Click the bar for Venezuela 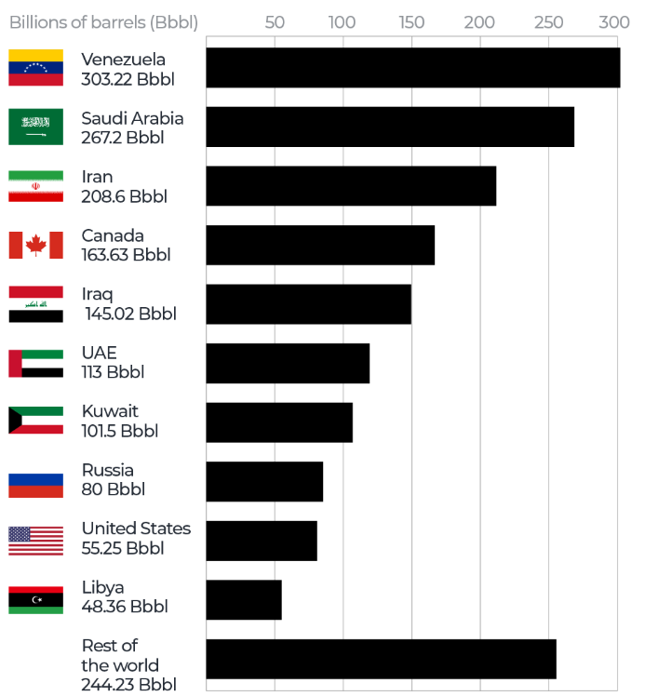click(412, 68)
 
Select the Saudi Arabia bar click(389, 127)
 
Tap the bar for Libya click(243, 599)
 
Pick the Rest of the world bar click(381, 659)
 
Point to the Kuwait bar click(278, 422)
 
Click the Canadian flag click(35, 245)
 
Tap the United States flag click(35, 540)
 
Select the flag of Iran click(35, 186)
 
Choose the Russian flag click(35, 481)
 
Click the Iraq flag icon click(35, 304)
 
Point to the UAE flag click(35, 363)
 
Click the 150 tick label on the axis click(411, 22)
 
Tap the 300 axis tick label click(611, 22)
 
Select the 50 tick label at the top click(275, 22)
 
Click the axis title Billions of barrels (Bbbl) click(103, 22)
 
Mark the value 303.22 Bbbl click(128, 79)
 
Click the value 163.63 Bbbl click(126, 255)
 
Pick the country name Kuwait click(110, 411)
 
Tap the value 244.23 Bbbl click(128, 686)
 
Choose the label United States click(136, 529)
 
